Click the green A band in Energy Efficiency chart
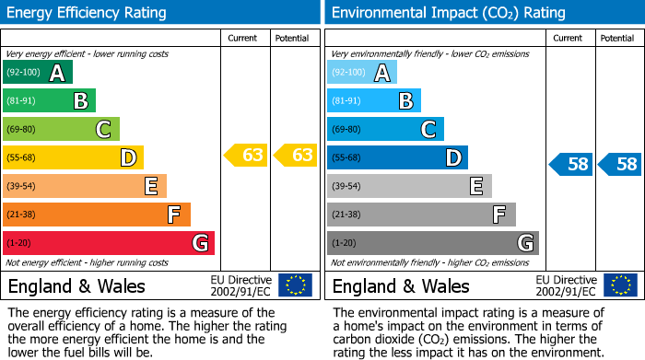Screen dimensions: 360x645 pos(38,73)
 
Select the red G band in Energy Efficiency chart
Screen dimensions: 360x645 pos(109,243)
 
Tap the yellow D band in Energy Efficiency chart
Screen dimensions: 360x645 pos(73,157)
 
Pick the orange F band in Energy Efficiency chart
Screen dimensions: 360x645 pos(97,215)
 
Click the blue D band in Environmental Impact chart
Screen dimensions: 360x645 pos(397,157)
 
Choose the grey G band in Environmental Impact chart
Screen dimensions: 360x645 pos(432,243)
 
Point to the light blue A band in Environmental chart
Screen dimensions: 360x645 pos(362,73)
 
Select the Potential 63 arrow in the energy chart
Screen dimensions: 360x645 pos(297,156)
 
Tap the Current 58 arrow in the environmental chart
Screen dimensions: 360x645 pos(571,165)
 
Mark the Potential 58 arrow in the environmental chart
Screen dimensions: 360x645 pos(620,165)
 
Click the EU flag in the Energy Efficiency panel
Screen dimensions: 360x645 pos(295,285)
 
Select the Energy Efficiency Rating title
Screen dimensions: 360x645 pos(88,13)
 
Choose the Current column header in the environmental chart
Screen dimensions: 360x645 pos(569,38)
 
